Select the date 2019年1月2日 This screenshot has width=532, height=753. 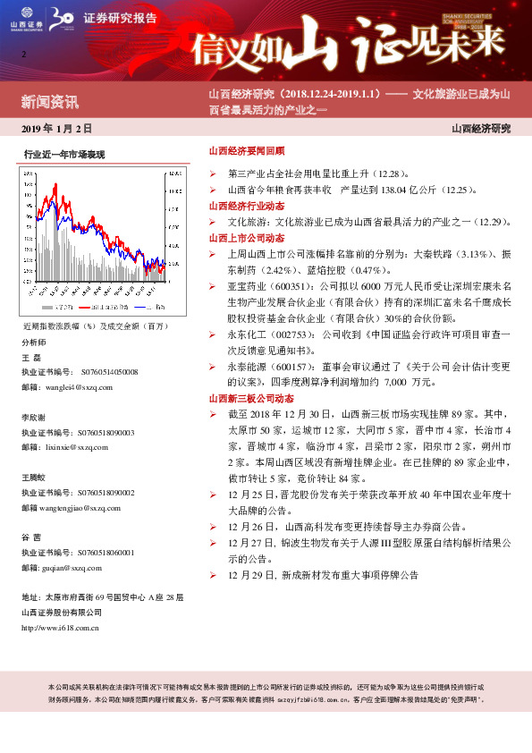56,129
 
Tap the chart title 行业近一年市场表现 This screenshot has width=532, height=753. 64,155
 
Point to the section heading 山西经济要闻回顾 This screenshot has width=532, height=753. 246,152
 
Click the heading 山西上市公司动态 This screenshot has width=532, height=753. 246,238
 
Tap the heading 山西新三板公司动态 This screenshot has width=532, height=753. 251,398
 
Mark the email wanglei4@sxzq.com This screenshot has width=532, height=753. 80,387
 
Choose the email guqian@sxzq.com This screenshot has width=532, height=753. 77,567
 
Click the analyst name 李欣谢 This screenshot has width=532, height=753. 35,418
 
